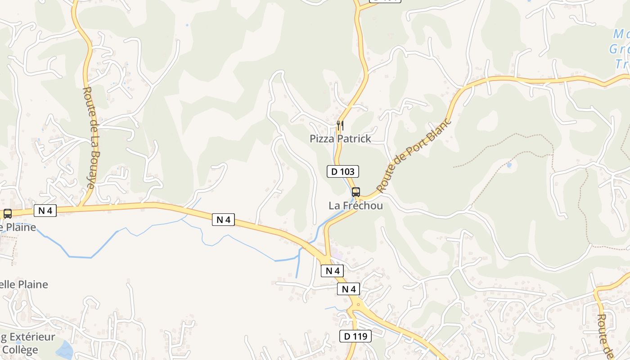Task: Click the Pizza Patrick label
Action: point(340,139)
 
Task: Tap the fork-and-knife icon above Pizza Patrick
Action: point(340,125)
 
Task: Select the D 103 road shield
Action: point(343,171)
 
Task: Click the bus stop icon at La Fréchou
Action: point(356,192)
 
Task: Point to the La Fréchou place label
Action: point(355,206)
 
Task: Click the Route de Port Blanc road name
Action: point(414,155)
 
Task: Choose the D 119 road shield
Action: point(355,336)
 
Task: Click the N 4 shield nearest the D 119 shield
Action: point(349,289)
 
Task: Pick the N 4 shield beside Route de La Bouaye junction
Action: point(45,211)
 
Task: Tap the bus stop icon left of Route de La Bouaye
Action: point(8,214)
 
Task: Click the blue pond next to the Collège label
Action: point(64,350)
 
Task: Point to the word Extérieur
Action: point(31,337)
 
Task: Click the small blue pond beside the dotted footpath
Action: point(509,165)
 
